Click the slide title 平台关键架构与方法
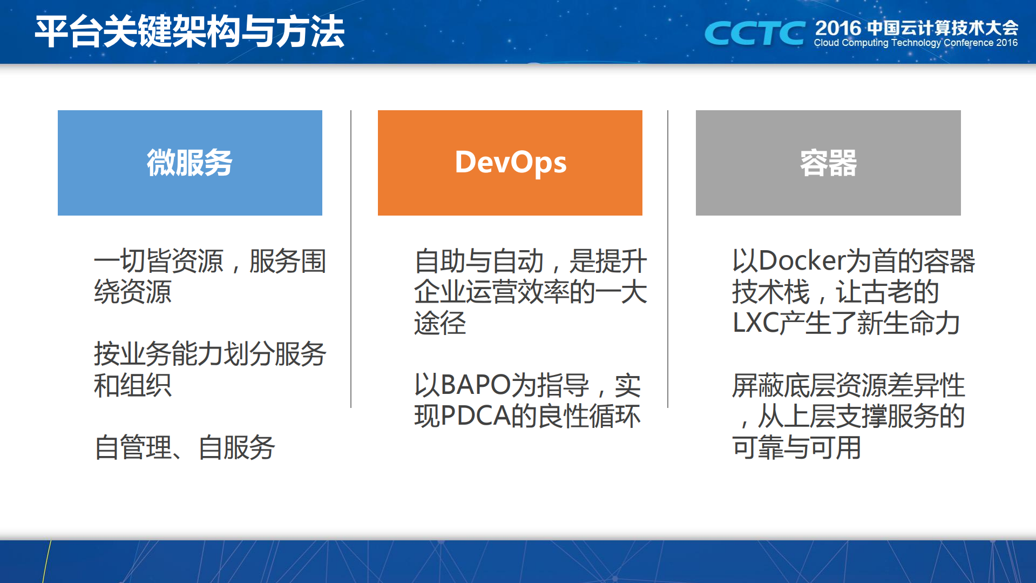coord(189,31)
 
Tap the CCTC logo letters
coord(755,33)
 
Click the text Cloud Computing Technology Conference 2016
coord(916,43)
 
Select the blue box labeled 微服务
coord(190,163)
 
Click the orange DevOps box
coord(510,163)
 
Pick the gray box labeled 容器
coord(828,163)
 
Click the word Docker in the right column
coord(801,261)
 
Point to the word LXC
coord(755,323)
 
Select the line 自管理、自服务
coord(185,447)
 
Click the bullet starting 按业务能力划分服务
coord(209,370)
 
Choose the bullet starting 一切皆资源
coord(209,276)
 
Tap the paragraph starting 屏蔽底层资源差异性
coord(848,416)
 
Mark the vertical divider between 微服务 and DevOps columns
coord(351,259)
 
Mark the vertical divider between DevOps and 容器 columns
coord(668,259)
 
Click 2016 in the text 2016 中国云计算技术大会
coord(837,28)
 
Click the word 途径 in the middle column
coord(440,323)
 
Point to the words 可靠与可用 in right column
coord(796,447)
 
